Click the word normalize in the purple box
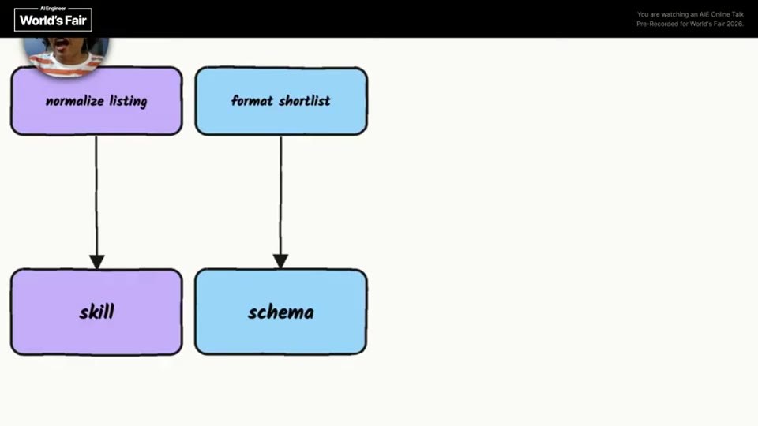point(75,101)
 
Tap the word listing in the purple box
point(128,101)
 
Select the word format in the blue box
point(252,100)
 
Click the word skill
point(96,312)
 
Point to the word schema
point(281,312)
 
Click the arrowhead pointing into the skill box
point(96,262)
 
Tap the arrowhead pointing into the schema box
point(280,261)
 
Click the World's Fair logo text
point(53,21)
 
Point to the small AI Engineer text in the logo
point(53,9)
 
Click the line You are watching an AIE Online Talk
point(690,14)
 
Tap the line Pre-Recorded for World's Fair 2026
point(690,24)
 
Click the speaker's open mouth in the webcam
point(62,46)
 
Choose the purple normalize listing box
point(96,101)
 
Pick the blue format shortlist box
point(281,101)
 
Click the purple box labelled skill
point(96,312)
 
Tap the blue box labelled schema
point(281,312)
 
